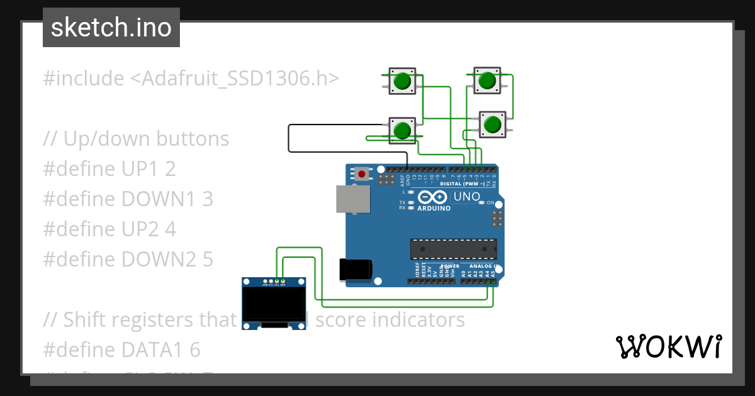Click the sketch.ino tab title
point(111,28)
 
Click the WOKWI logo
point(668,346)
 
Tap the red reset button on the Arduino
point(362,173)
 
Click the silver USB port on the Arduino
point(353,199)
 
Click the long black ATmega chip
point(453,249)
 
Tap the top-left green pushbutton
point(402,82)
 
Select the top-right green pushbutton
point(486,80)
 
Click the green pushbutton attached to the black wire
point(402,130)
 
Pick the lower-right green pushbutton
point(492,124)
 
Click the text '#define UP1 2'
point(109,168)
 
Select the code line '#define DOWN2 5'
point(128,259)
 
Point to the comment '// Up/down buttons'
point(136,138)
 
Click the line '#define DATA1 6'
point(121,349)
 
